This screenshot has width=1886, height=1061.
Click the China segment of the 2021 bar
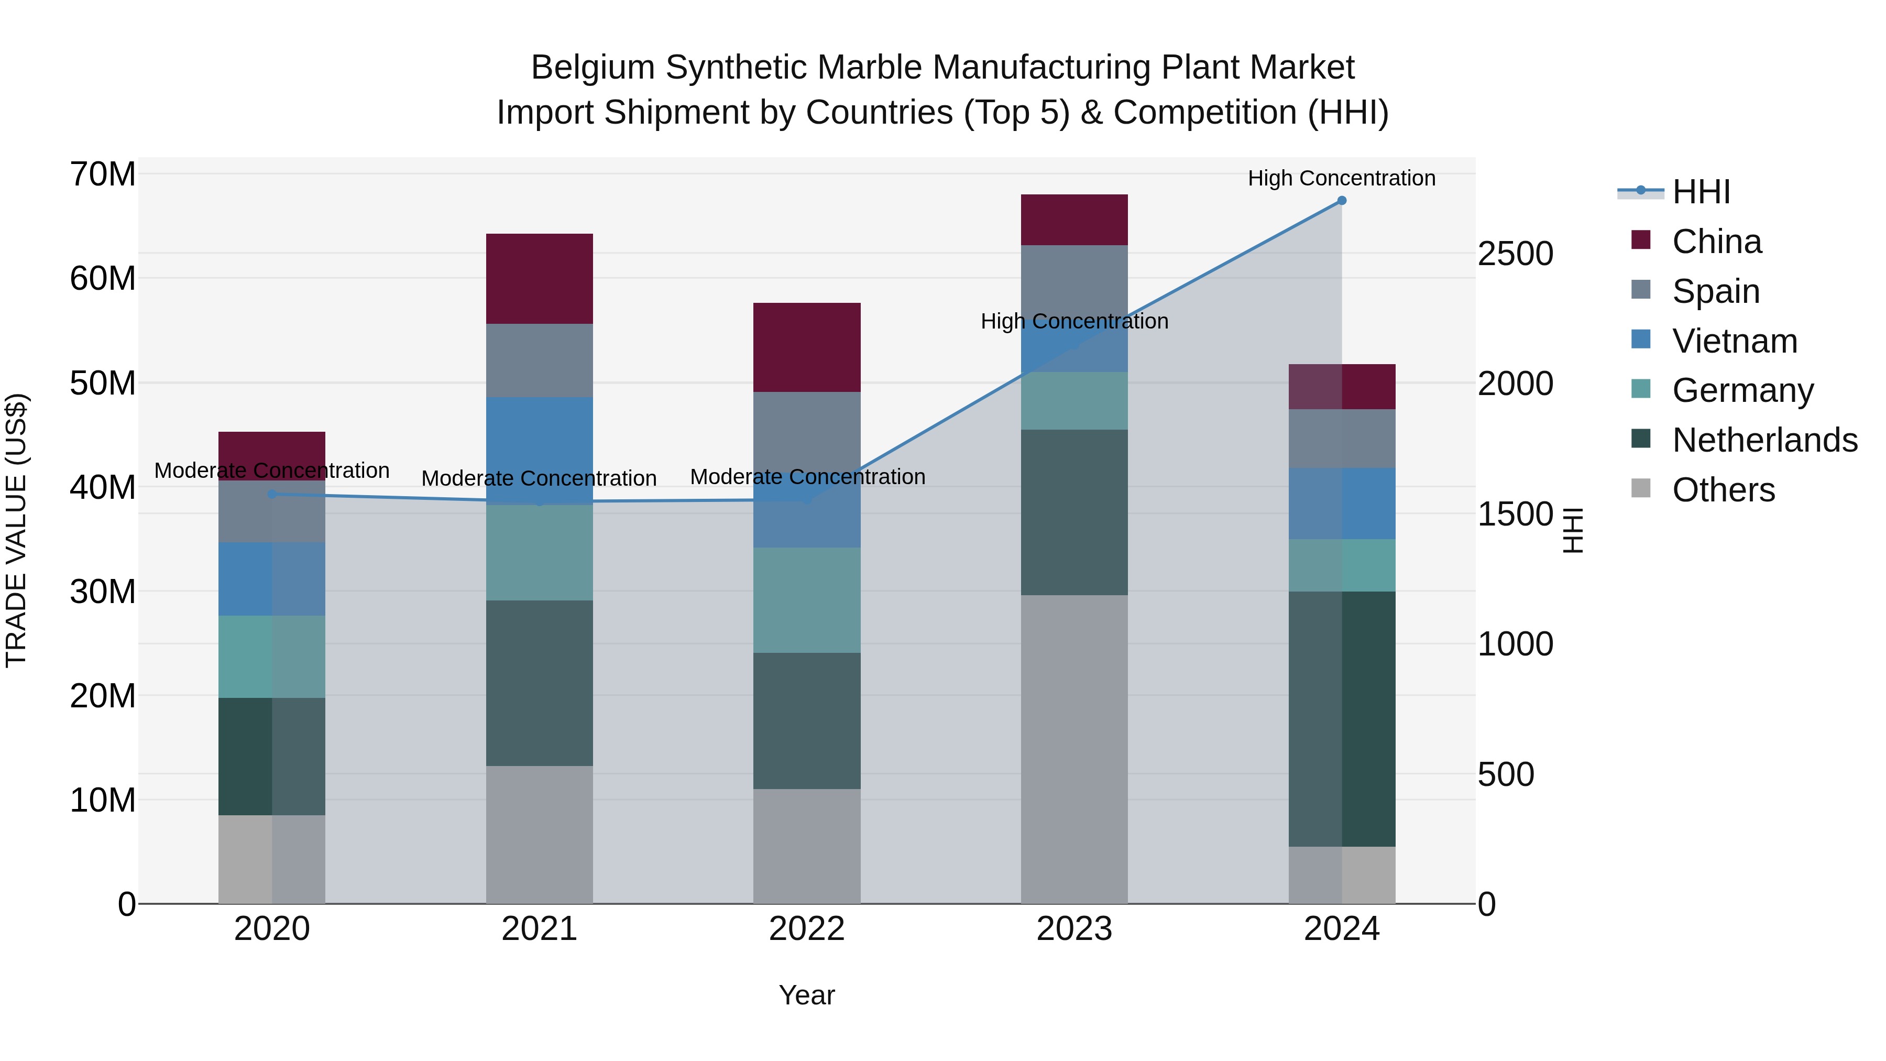pyautogui.click(x=539, y=278)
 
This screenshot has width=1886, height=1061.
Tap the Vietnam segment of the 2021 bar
pyautogui.click(x=539, y=450)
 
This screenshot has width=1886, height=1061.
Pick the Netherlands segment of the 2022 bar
pyautogui.click(x=807, y=720)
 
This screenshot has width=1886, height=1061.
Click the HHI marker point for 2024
pyautogui.click(x=1341, y=201)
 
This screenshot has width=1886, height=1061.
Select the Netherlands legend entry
pyautogui.click(x=1764, y=440)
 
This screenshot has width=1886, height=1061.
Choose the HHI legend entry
pyautogui.click(x=1700, y=192)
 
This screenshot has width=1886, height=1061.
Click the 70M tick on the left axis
pyautogui.click(x=103, y=174)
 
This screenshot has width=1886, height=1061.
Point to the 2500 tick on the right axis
pyautogui.click(x=1515, y=254)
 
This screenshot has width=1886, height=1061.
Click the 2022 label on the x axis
pyautogui.click(x=807, y=929)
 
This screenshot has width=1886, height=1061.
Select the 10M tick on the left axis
pyautogui.click(x=103, y=800)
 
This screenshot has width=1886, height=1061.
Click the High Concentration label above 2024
pyautogui.click(x=1341, y=178)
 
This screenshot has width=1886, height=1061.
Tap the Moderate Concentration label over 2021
pyautogui.click(x=539, y=478)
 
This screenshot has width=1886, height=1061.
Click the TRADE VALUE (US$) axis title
pyautogui.click(x=16, y=530)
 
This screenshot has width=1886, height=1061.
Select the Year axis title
pyautogui.click(x=807, y=995)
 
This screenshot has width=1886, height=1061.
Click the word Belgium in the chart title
pyautogui.click(x=593, y=68)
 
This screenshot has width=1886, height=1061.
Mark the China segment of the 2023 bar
pyautogui.click(x=1074, y=220)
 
